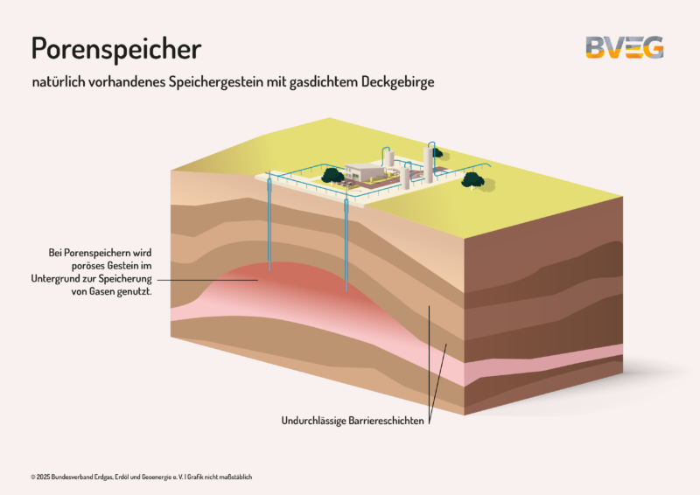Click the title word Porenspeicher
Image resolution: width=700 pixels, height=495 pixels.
115,49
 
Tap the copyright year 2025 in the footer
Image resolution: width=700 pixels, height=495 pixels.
44,477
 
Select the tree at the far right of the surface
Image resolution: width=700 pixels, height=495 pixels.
472,180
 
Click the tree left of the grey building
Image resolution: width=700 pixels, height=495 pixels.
332,175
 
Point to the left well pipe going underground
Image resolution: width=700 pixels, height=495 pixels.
270,227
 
